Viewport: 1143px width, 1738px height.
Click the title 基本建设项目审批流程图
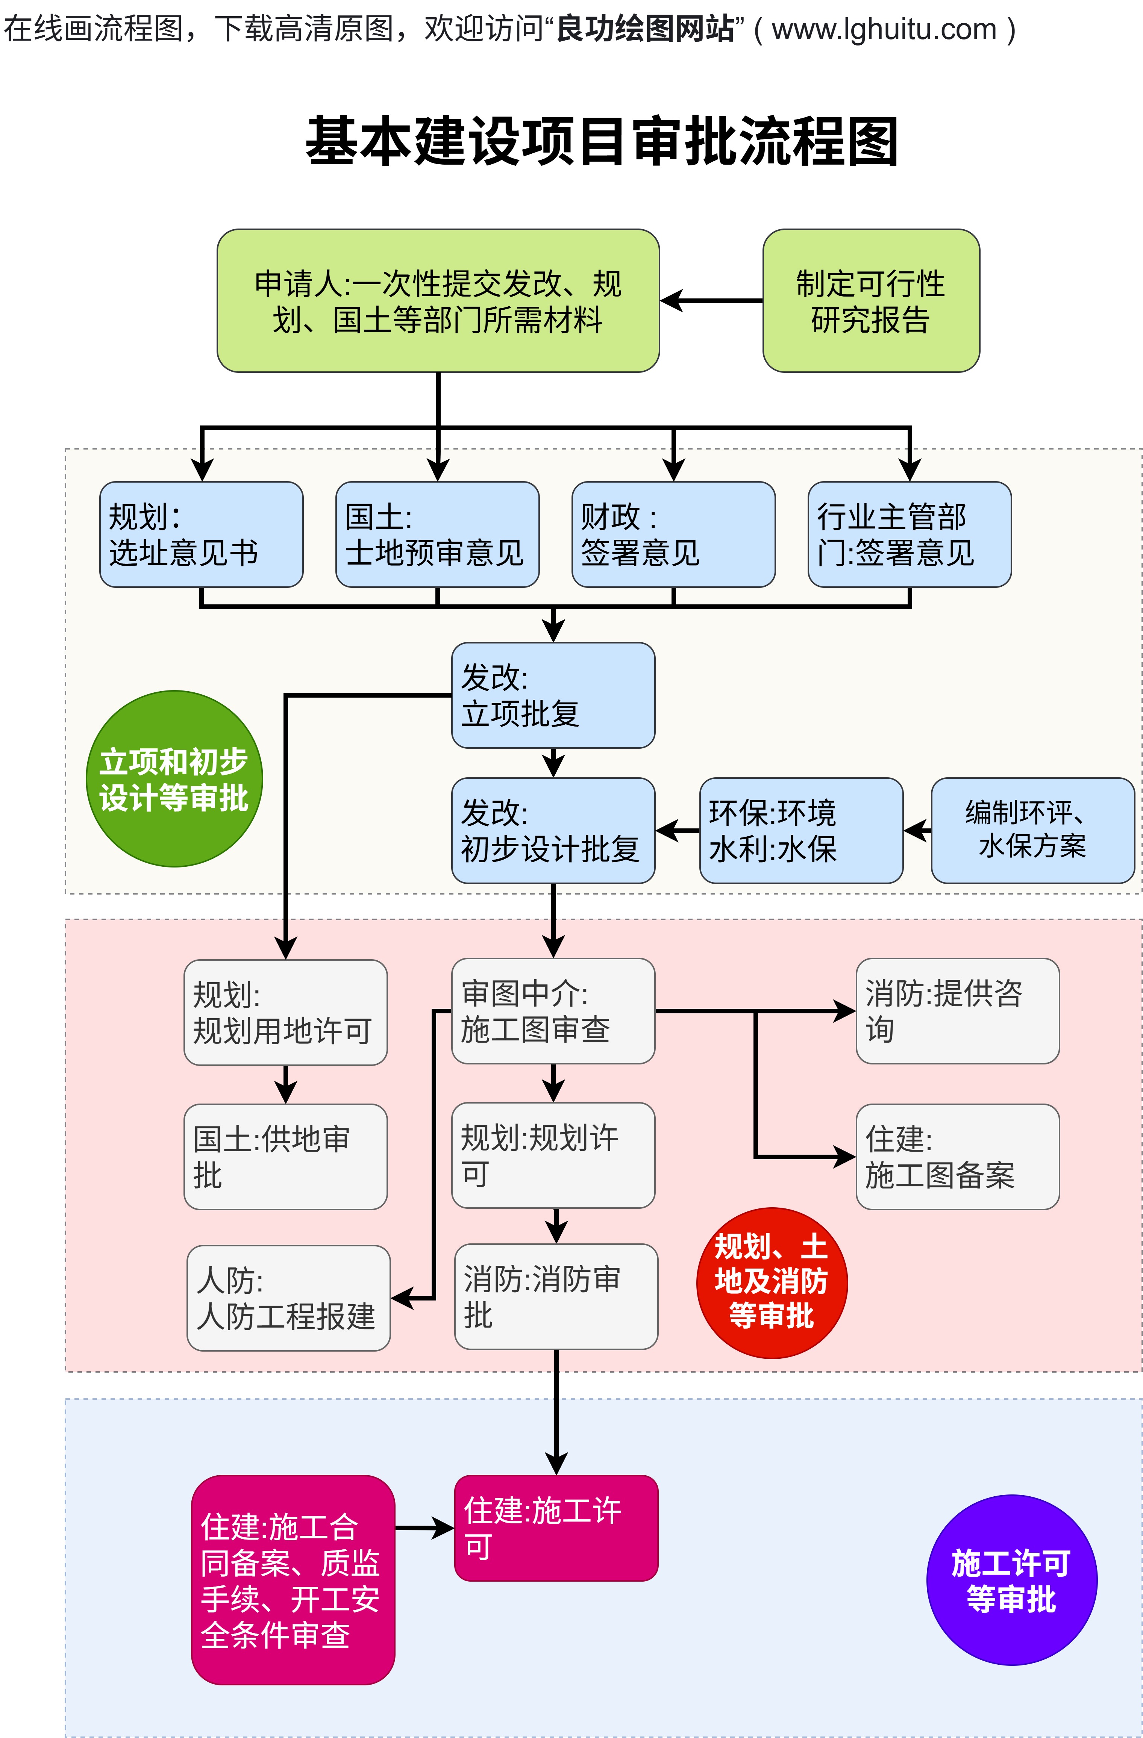(x=601, y=141)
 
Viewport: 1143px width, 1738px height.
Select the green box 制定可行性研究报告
(x=870, y=301)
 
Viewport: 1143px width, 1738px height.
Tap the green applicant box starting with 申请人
(x=438, y=301)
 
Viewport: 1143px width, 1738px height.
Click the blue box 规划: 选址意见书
(x=201, y=534)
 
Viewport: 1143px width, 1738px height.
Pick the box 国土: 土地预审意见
(x=437, y=534)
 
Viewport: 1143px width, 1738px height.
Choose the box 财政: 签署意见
(x=673, y=534)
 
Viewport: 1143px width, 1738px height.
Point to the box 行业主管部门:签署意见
(x=909, y=534)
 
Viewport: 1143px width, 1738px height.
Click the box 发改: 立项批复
(x=553, y=695)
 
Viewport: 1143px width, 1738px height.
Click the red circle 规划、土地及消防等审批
(x=771, y=1282)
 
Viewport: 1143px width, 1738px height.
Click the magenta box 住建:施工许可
(x=556, y=1528)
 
